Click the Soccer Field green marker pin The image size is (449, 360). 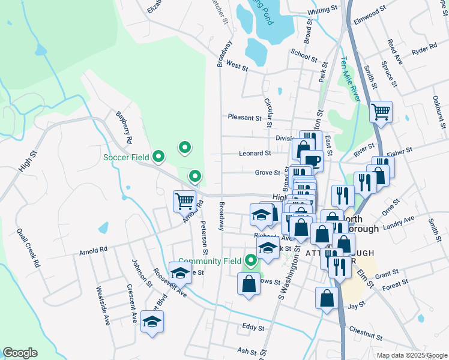(x=158, y=157)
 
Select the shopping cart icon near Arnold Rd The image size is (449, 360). (x=184, y=201)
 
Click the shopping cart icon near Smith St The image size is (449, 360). (x=381, y=111)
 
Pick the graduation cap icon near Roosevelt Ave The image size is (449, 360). (x=180, y=273)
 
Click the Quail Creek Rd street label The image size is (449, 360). (x=28, y=248)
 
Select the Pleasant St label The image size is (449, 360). (x=244, y=118)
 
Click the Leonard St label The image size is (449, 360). (x=255, y=153)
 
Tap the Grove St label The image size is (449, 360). (x=267, y=173)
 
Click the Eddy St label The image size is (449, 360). (x=253, y=328)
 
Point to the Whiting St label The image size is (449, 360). (x=322, y=11)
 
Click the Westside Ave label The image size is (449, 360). (x=103, y=305)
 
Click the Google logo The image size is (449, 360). (x=20, y=353)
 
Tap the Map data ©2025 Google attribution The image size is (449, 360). (x=412, y=355)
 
